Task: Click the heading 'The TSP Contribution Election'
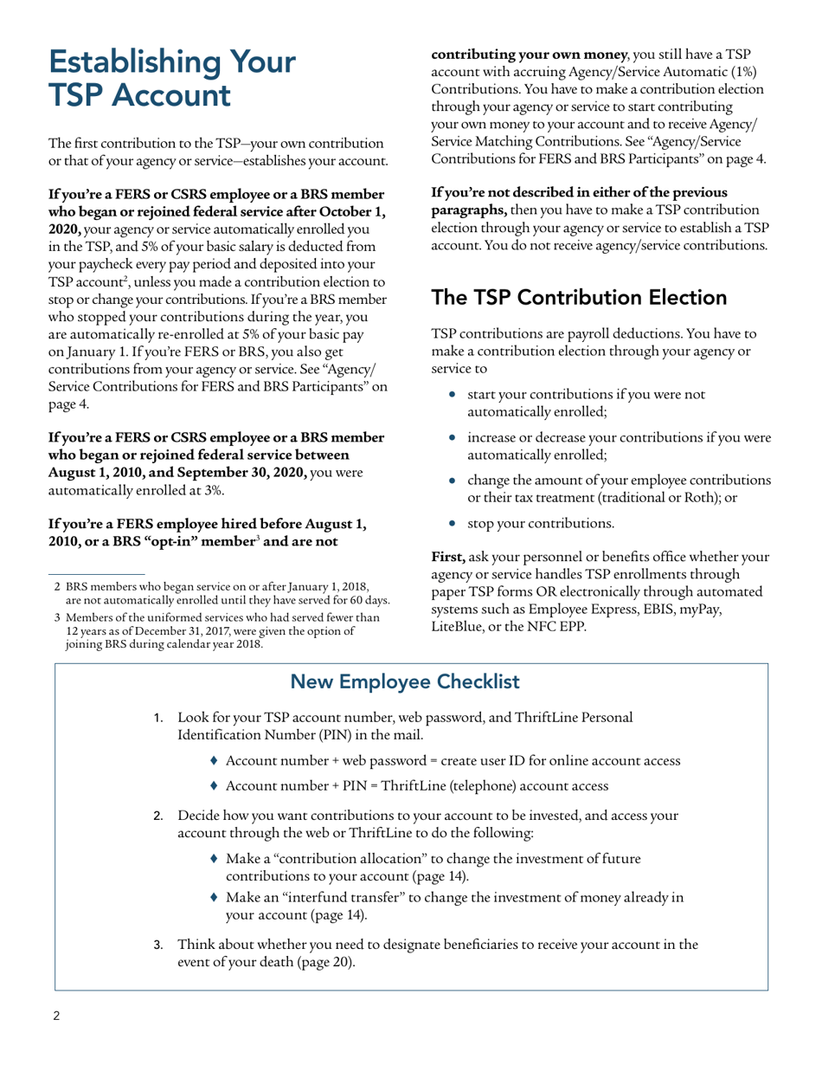pos(579,298)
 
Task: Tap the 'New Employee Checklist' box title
pos(405,681)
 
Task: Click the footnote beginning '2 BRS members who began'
pos(221,594)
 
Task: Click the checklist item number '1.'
pos(158,718)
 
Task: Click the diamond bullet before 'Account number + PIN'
pos(215,786)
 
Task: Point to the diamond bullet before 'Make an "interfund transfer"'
pos(215,898)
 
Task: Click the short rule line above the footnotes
pos(95,573)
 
